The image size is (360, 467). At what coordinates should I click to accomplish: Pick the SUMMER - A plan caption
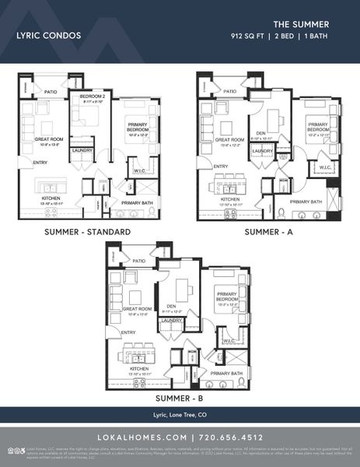pyautogui.click(x=269, y=232)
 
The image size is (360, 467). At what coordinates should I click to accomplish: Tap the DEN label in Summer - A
pyautogui.click(x=262, y=132)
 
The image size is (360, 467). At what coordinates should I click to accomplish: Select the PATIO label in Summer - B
pyautogui.click(x=140, y=261)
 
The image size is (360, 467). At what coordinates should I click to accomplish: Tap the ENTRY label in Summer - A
pyautogui.click(x=221, y=166)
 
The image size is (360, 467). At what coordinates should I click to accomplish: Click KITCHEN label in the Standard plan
pyautogui.click(x=51, y=198)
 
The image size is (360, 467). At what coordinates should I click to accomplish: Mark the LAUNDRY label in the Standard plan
pyautogui.click(x=82, y=149)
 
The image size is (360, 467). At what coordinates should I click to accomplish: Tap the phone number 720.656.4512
pyautogui.click(x=230, y=437)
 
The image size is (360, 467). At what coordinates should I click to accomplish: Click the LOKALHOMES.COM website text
pyautogui.click(x=140, y=437)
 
